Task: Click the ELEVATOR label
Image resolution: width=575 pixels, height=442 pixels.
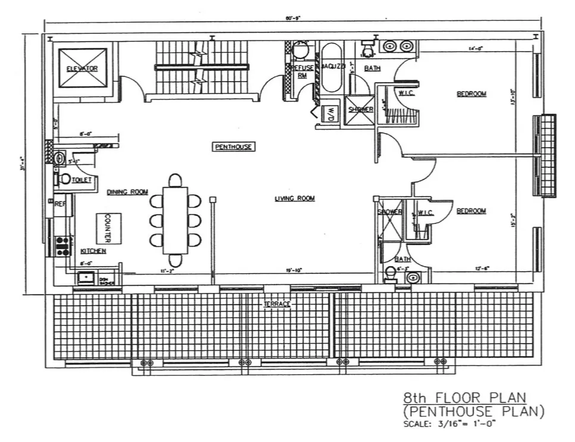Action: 82,69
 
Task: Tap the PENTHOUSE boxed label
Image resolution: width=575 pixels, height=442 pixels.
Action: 233,147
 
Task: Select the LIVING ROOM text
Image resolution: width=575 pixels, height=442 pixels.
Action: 295,198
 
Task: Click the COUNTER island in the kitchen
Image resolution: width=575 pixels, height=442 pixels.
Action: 108,228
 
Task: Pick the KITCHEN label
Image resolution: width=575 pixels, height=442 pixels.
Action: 93,251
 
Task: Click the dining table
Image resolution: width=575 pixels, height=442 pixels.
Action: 175,220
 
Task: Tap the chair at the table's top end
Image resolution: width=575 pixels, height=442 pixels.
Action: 175,180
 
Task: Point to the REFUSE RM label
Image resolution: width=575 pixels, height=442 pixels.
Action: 302,71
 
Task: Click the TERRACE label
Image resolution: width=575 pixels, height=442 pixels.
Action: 277,304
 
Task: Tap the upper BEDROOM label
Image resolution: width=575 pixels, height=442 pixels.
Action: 471,94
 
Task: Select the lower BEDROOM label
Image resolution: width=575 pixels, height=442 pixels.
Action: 471,211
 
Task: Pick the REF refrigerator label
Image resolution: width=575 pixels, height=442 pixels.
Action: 60,204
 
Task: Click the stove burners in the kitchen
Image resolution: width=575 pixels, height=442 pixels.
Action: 62,246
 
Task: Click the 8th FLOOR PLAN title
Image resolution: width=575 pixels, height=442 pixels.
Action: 464,397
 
